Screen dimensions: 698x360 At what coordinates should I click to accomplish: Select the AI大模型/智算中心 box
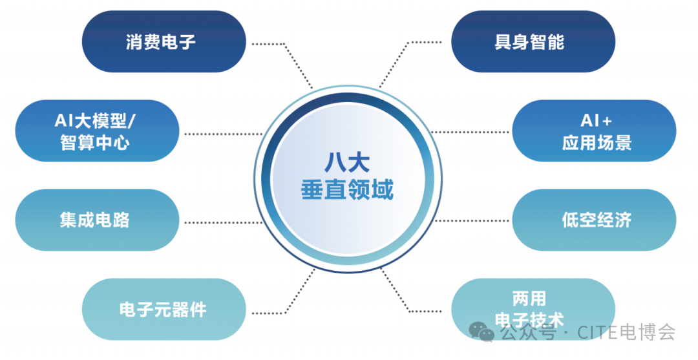(97, 131)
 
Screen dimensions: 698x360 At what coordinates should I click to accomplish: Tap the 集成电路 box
(97, 220)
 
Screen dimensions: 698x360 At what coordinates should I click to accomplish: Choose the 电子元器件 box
(164, 309)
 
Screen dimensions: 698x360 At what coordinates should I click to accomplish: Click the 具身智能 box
(533, 41)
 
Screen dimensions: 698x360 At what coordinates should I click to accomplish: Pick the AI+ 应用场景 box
(593, 131)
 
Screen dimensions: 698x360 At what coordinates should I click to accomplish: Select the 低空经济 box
(593, 220)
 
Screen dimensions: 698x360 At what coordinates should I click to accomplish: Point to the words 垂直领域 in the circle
(347, 190)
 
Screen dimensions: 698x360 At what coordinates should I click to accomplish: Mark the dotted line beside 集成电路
(220, 222)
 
